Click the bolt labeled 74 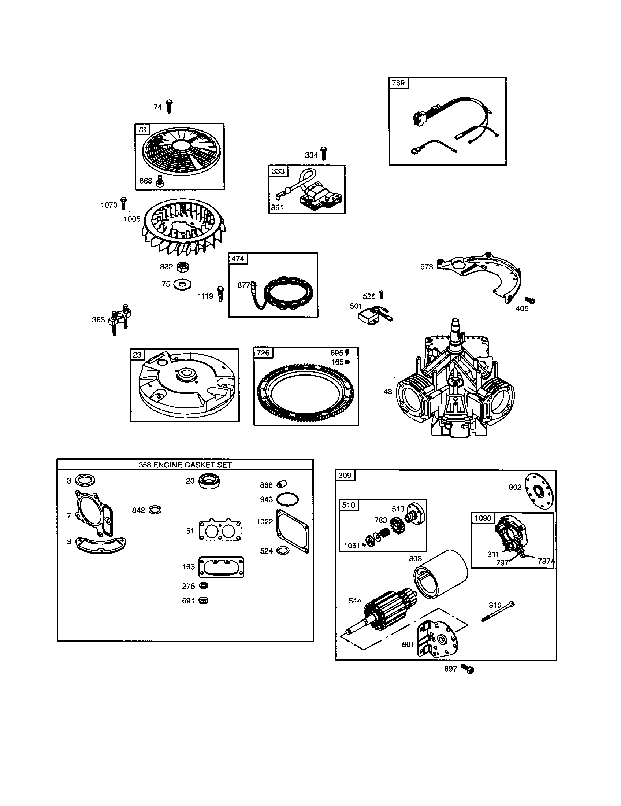coord(169,106)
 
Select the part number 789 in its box coord(398,83)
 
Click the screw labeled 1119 coord(220,294)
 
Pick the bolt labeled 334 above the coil coord(324,153)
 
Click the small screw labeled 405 coord(531,301)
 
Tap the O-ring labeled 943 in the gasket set coord(287,499)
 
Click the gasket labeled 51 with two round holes coord(220,531)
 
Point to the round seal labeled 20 coord(209,481)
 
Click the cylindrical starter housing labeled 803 coord(441,574)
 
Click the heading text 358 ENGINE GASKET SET coord(185,465)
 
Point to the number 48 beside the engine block coord(388,392)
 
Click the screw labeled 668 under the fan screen coord(160,181)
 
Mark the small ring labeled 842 coord(155,510)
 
